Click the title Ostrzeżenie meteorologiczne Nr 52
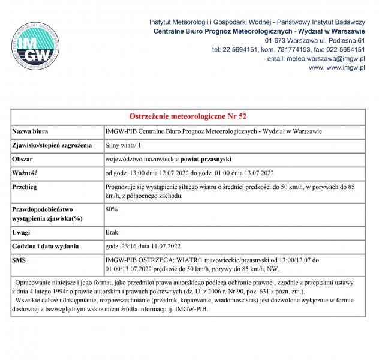[x=188, y=116]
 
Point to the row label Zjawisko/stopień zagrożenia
[x=52, y=145]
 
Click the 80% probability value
[x=111, y=209]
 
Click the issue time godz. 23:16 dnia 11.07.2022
[x=143, y=246]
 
